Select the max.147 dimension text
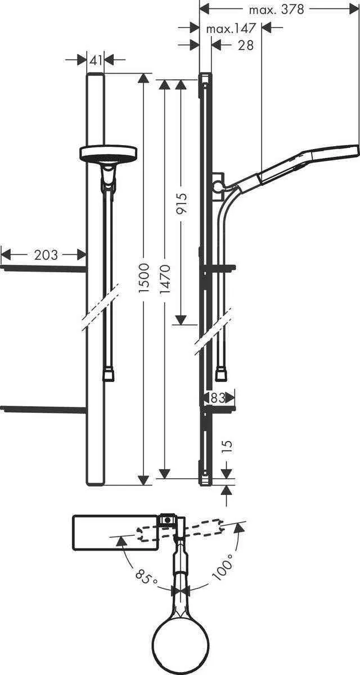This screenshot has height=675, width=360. (231, 28)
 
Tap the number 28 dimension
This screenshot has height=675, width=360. (246, 45)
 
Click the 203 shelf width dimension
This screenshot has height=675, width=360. (46, 255)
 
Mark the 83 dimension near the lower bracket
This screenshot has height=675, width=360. (218, 398)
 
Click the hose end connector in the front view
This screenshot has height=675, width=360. (109, 375)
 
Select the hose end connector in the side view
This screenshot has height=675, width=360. (222, 372)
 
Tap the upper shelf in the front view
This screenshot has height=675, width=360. (44, 268)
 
